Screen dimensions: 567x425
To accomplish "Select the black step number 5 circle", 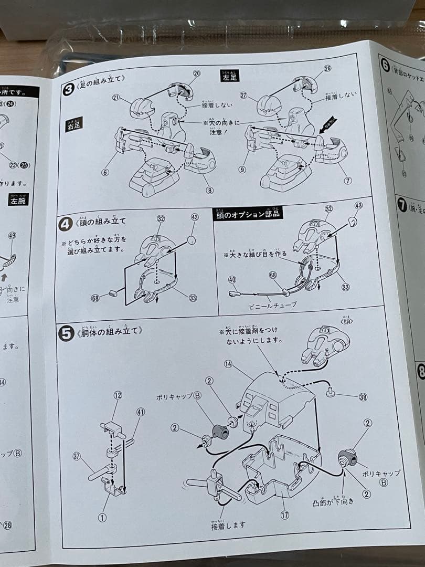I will [x=66, y=334].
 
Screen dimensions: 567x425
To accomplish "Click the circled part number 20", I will [x=197, y=73].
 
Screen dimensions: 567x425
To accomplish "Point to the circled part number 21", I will [x=115, y=97].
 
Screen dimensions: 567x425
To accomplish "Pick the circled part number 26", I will [x=327, y=69].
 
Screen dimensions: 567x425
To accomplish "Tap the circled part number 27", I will [x=243, y=95].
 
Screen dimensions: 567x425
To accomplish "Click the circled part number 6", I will [x=105, y=172].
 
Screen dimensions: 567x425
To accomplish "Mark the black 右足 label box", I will [x=73, y=125].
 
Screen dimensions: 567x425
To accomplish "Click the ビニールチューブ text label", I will [x=274, y=304].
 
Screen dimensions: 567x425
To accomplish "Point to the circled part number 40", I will [x=232, y=280].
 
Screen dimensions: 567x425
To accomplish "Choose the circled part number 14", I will [x=228, y=363].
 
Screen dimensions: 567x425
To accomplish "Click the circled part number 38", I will [x=363, y=397].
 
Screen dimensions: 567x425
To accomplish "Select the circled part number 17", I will [x=284, y=515].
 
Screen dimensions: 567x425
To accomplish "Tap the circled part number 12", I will [x=118, y=395].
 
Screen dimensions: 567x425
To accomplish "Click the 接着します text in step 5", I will [x=228, y=525].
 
